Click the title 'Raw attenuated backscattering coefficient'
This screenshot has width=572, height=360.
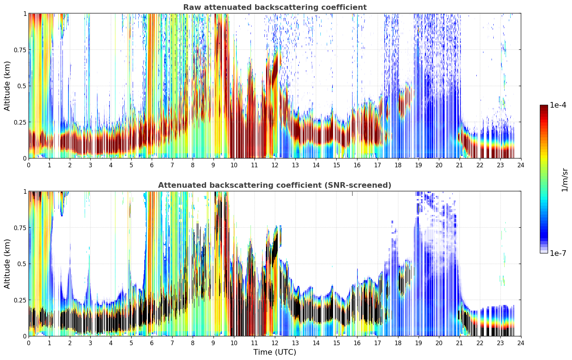(275, 7)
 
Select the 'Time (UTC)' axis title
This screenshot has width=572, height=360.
(275, 352)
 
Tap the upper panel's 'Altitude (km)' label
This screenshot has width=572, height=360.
(7, 86)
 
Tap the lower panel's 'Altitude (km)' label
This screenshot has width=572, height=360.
(7, 264)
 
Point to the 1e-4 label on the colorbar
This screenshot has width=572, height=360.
(558, 105)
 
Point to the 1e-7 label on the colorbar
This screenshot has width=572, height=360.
(558, 253)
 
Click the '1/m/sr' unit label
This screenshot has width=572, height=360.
(565, 180)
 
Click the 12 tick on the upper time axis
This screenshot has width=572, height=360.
(275, 165)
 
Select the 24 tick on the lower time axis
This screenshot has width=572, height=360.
(521, 343)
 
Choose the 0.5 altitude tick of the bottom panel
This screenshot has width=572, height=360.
(22, 264)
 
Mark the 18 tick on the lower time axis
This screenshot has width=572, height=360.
(398, 343)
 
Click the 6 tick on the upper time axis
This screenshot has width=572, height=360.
(152, 165)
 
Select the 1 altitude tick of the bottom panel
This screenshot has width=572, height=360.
(25, 191)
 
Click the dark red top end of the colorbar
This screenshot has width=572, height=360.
(544, 107)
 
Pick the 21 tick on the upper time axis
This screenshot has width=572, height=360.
(459, 165)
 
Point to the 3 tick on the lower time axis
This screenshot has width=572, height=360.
(90, 343)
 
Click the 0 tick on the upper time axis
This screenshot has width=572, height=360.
(29, 165)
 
